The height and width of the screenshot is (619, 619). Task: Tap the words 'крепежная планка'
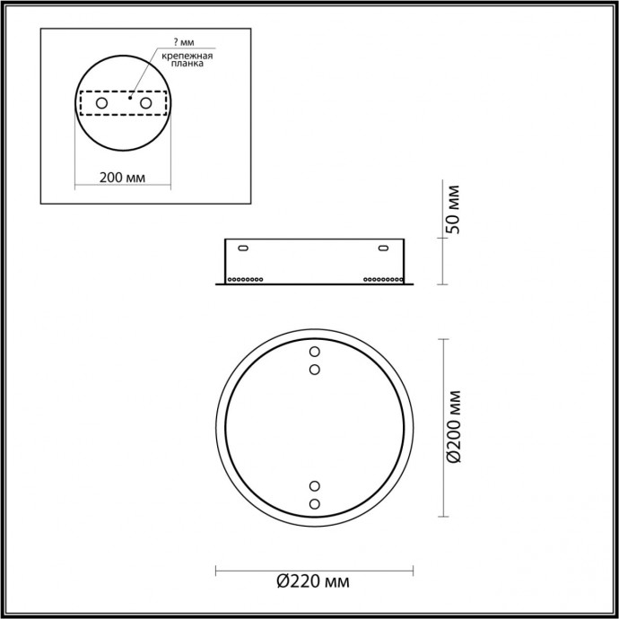tap(187, 60)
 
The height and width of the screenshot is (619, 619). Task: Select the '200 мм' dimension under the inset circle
tap(122, 176)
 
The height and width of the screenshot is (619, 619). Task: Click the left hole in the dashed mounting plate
tap(101, 105)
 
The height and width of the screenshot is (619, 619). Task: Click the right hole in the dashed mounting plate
tap(143, 105)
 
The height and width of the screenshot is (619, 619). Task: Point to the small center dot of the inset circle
tap(129, 100)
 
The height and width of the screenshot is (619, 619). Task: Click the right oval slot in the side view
tap(383, 248)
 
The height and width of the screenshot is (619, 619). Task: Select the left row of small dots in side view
tap(246, 279)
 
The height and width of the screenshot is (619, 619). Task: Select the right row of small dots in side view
tap(383, 279)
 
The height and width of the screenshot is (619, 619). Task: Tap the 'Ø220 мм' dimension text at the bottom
tap(313, 582)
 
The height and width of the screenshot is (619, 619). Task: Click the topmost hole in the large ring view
tap(314, 351)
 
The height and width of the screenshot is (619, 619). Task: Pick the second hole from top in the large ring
tap(314, 369)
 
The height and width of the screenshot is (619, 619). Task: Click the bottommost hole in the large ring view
tap(314, 505)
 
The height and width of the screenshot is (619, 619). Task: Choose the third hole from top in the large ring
tap(314, 487)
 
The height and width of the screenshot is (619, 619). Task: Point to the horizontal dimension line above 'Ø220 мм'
tap(313, 568)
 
